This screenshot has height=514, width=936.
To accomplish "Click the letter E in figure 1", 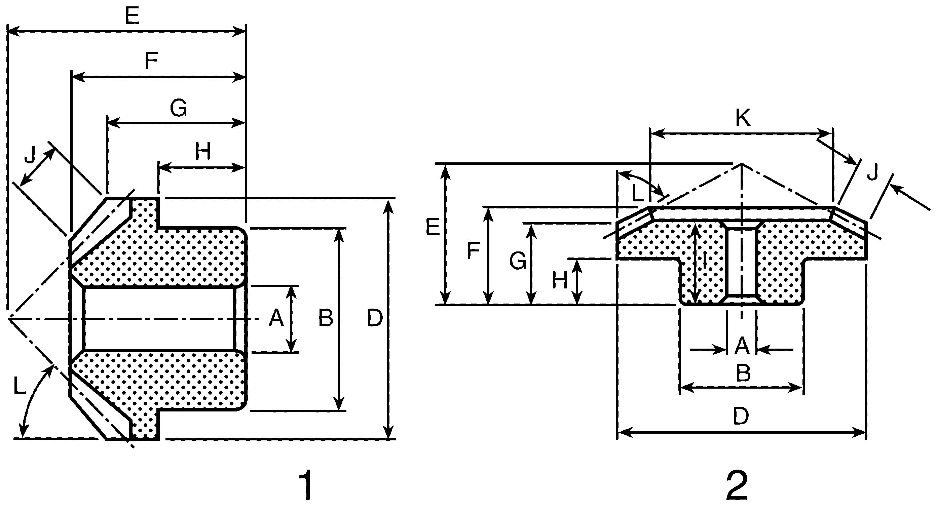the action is click(132, 16).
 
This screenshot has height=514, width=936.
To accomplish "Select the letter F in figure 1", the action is click(151, 62).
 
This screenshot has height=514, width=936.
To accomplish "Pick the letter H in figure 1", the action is click(203, 152).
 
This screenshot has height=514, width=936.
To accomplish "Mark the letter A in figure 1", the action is click(276, 319).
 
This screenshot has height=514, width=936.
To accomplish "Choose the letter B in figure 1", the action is click(326, 318).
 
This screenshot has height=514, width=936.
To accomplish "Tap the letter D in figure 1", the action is click(375, 318).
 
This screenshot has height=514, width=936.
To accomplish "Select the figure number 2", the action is click(737, 485).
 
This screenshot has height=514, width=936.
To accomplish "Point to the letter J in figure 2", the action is click(872, 172).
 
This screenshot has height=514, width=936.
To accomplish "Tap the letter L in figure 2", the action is click(638, 193).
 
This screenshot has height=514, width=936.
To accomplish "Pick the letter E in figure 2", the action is click(433, 228).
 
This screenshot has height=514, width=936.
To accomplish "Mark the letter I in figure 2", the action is click(704, 260).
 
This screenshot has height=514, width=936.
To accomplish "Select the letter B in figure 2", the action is click(743, 373).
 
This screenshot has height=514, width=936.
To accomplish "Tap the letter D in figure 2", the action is click(741, 416).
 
